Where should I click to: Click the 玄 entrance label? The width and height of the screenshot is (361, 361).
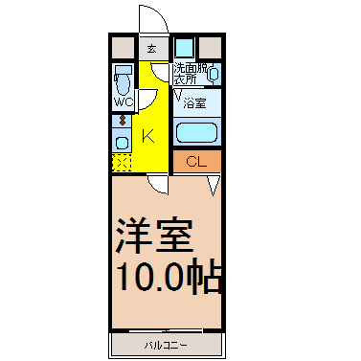150,47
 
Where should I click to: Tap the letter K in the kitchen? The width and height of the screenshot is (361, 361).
148,135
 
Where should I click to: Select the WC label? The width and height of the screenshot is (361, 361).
123,102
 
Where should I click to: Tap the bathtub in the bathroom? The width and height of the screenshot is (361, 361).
197,131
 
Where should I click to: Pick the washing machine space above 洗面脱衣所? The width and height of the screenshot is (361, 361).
184,47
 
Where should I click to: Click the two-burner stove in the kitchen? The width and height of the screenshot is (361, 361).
122,121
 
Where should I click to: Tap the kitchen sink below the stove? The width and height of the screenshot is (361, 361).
122,142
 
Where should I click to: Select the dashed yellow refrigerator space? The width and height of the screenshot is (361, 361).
122,162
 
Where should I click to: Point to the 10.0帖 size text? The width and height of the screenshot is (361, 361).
170,278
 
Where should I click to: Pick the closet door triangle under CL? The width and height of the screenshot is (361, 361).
214,182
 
